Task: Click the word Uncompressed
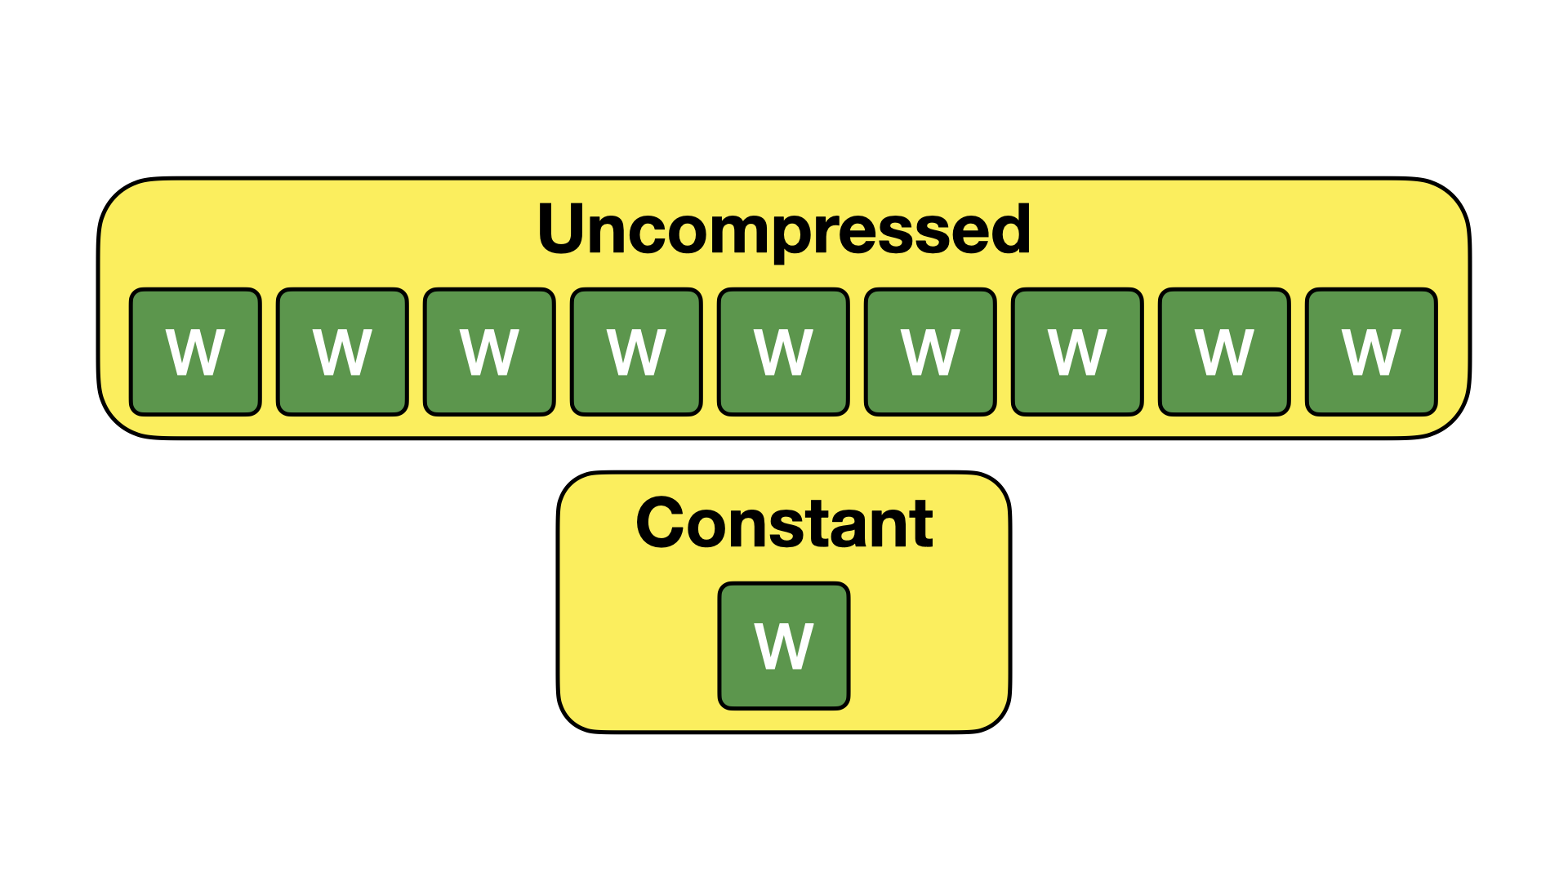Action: [784, 229]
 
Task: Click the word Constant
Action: [784, 523]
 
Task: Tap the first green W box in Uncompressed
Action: [195, 352]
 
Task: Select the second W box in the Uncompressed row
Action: [342, 352]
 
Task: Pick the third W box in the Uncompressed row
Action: [489, 352]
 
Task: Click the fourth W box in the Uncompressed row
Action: [636, 352]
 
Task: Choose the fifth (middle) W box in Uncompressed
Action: [783, 352]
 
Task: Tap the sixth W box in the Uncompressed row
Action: [930, 352]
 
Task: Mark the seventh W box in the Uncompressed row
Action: [1077, 352]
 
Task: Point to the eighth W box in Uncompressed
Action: [1224, 352]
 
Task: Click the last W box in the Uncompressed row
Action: [1371, 352]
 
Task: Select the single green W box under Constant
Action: [784, 646]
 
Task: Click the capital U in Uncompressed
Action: [562, 229]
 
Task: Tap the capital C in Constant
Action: [661, 523]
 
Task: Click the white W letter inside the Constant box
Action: [784, 646]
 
